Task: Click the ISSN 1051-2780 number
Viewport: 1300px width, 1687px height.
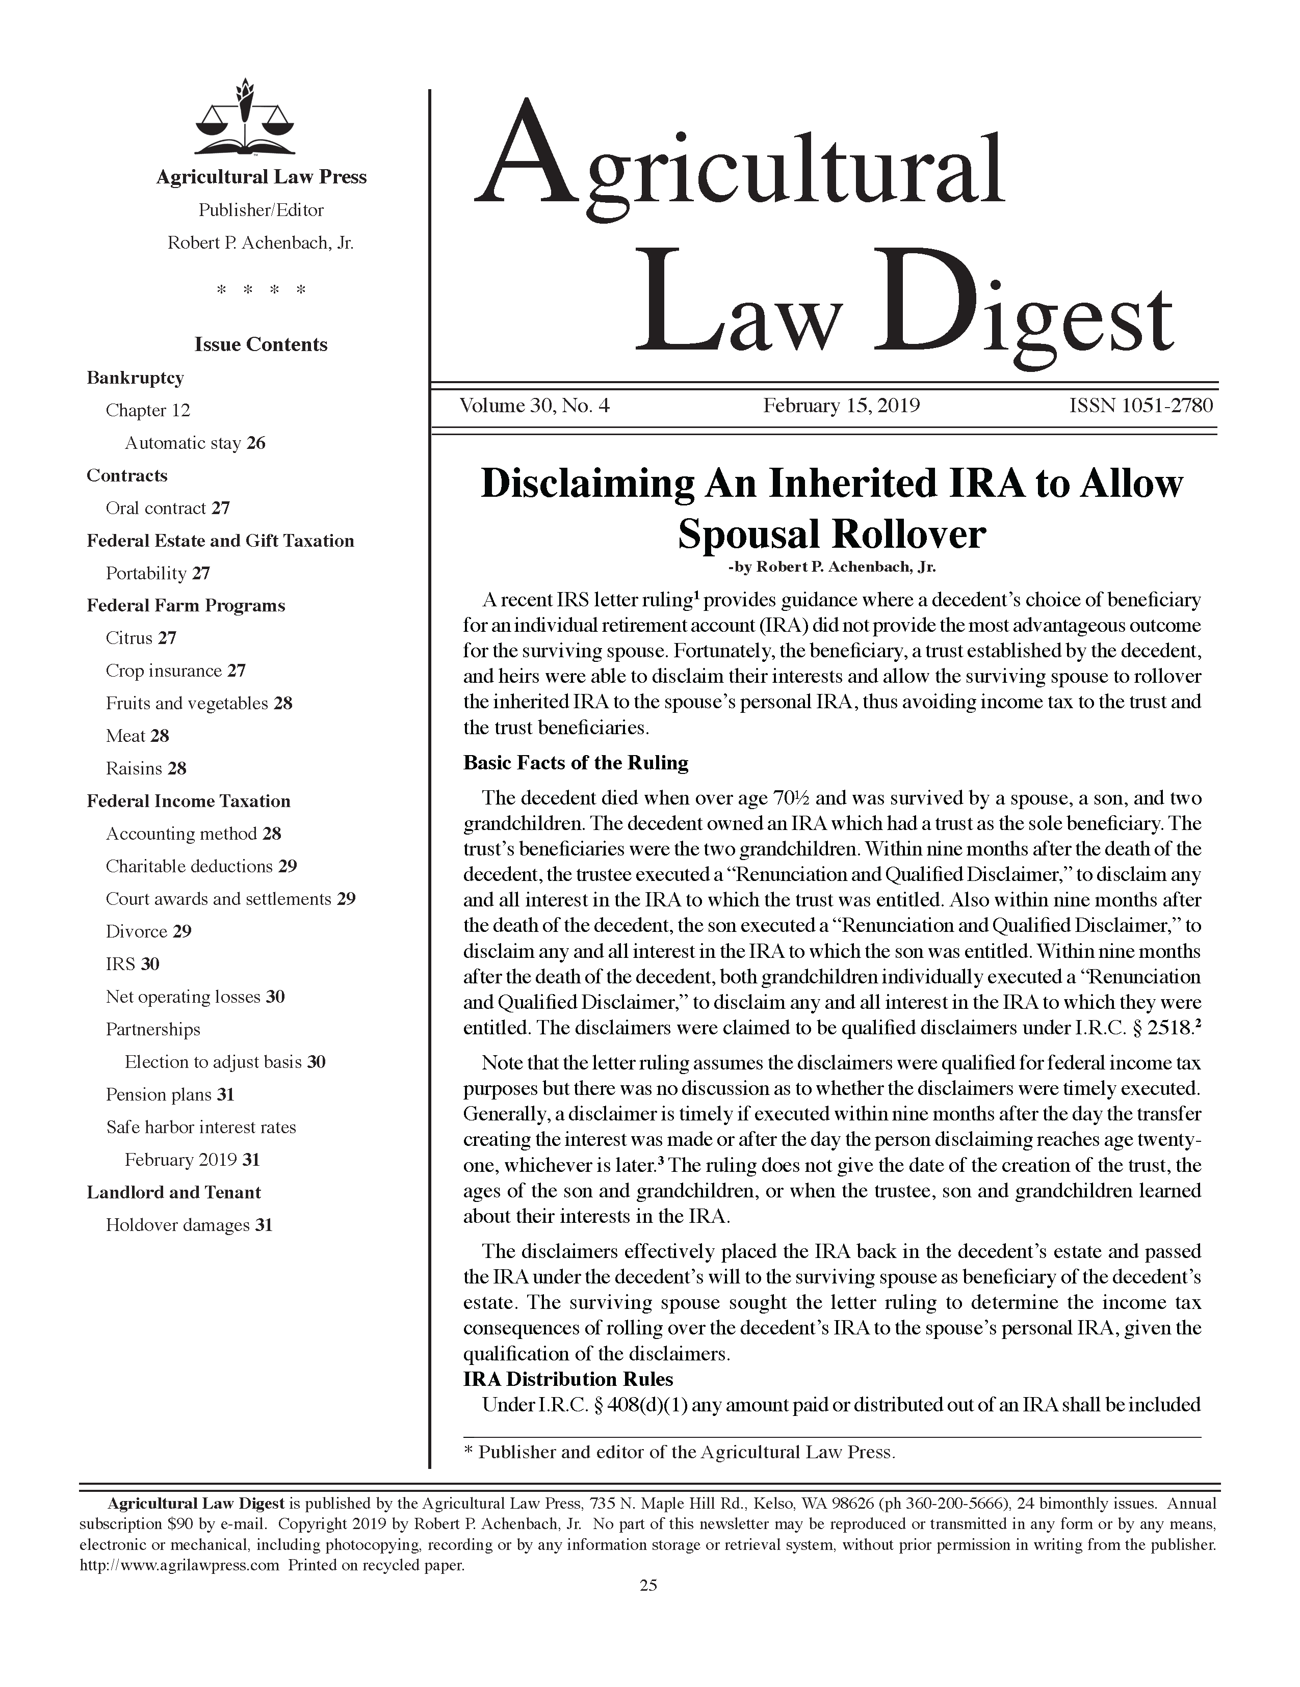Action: tap(1140, 406)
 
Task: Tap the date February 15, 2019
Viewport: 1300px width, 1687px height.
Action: tap(841, 406)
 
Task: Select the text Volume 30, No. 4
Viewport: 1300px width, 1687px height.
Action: tap(534, 406)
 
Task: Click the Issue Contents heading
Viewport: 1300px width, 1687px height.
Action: tap(261, 344)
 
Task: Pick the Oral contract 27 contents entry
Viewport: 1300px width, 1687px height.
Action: tap(168, 508)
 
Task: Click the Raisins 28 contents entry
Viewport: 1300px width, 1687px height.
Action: tap(146, 768)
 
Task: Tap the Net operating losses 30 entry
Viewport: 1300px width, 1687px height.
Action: tap(195, 997)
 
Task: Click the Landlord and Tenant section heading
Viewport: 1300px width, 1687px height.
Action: tap(173, 1193)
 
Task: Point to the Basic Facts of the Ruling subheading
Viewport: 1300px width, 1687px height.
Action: tap(575, 763)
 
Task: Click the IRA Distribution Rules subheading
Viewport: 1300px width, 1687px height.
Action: tap(567, 1380)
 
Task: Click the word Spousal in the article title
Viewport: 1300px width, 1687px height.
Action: tap(747, 534)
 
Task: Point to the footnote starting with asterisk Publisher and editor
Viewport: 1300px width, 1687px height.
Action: tap(679, 1452)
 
